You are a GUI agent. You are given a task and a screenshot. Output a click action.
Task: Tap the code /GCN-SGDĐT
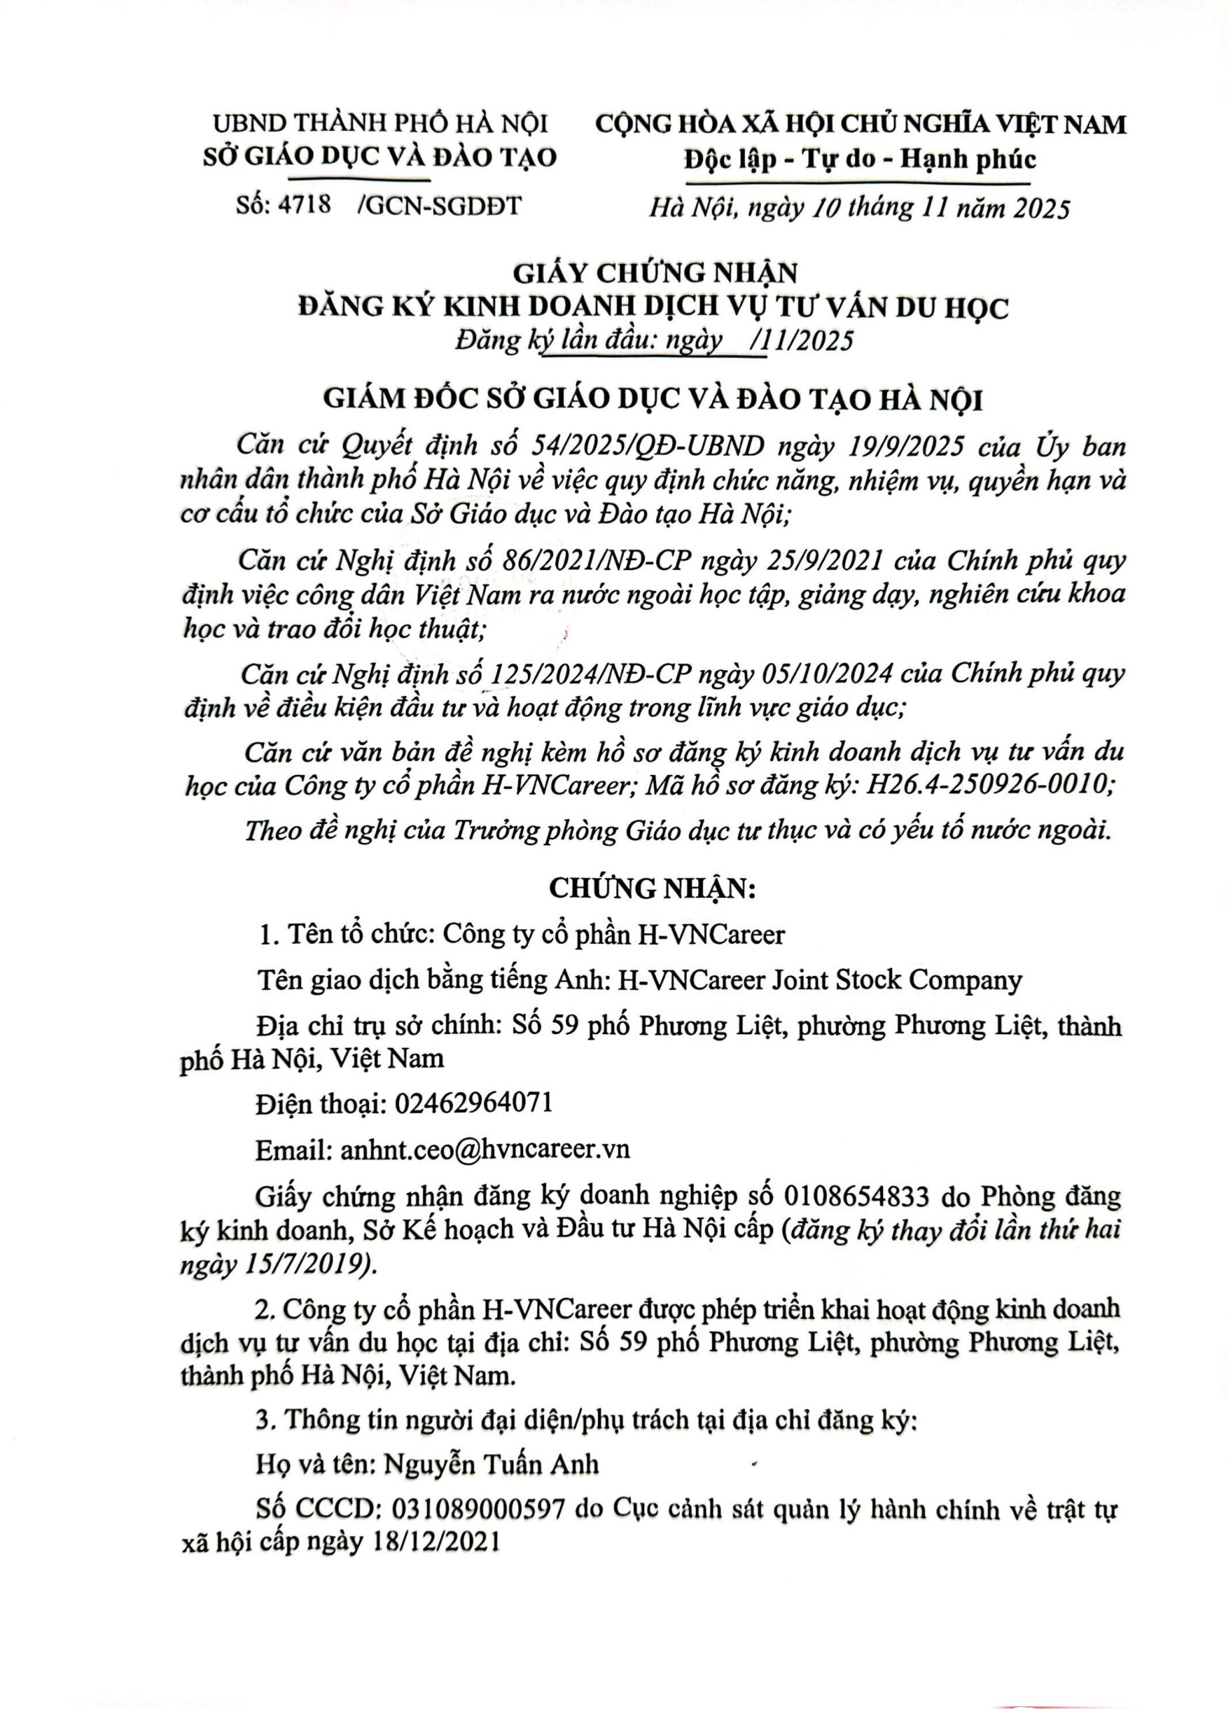(x=442, y=206)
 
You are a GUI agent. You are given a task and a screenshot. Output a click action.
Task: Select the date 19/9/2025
(x=903, y=447)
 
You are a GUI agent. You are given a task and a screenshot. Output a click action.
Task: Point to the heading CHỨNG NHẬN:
(x=652, y=889)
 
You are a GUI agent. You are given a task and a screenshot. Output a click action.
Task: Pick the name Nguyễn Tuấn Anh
(x=491, y=1464)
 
